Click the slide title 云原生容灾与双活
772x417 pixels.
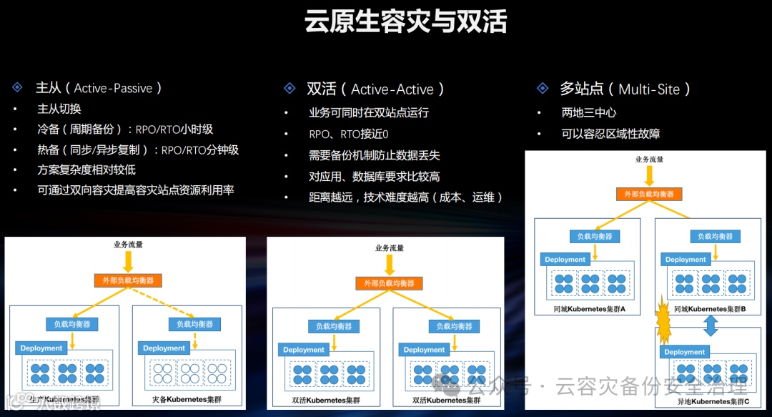click(x=405, y=22)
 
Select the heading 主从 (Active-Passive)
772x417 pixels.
click(x=99, y=88)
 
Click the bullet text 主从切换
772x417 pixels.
click(x=59, y=109)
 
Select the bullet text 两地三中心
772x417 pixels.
click(x=589, y=112)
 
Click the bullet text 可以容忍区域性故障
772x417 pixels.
click(x=610, y=133)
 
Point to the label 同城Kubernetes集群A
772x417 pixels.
click(x=590, y=309)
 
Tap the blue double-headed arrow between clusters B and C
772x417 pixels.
click(x=711, y=326)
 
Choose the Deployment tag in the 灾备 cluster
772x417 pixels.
click(x=164, y=348)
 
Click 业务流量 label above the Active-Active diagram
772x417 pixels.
click(x=390, y=248)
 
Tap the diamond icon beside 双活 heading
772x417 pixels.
click(x=289, y=89)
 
